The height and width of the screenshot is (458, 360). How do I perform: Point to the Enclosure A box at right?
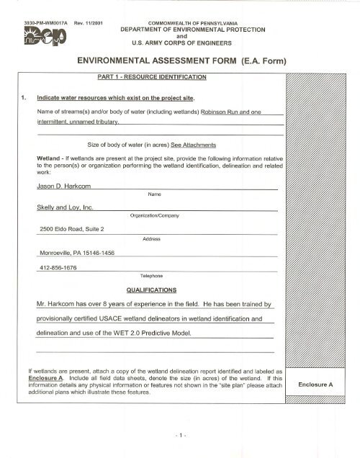point(318,385)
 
